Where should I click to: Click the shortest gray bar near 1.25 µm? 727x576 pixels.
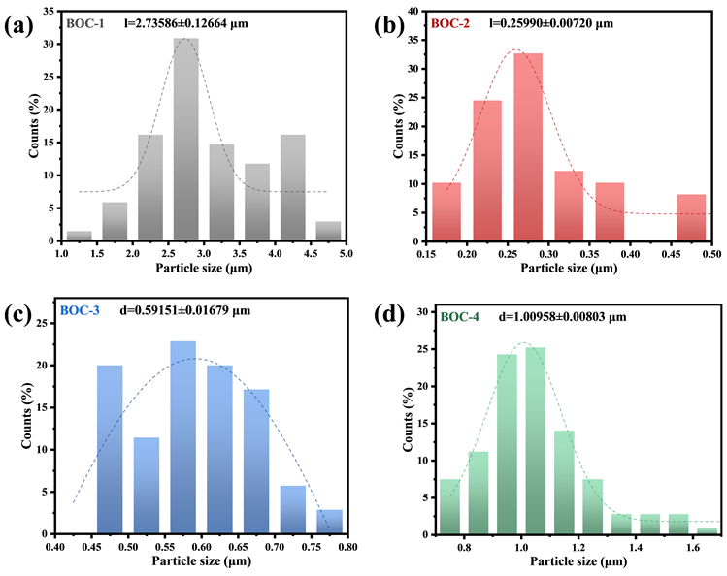point(80,236)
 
